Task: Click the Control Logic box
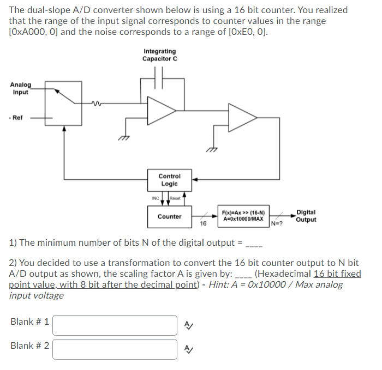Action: (169, 180)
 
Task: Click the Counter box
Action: (169, 216)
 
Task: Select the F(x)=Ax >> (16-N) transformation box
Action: (244, 215)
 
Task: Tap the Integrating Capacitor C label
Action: (159, 55)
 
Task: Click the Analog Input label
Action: (21, 88)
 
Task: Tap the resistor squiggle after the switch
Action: (97, 102)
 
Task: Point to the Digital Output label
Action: (306, 216)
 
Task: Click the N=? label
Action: (278, 223)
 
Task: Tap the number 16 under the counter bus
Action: (203, 223)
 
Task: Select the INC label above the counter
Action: (155, 198)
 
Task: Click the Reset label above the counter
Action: (175, 198)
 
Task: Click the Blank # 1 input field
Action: (115, 325)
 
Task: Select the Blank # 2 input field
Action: (115, 349)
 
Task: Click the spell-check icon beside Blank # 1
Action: (188, 325)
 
